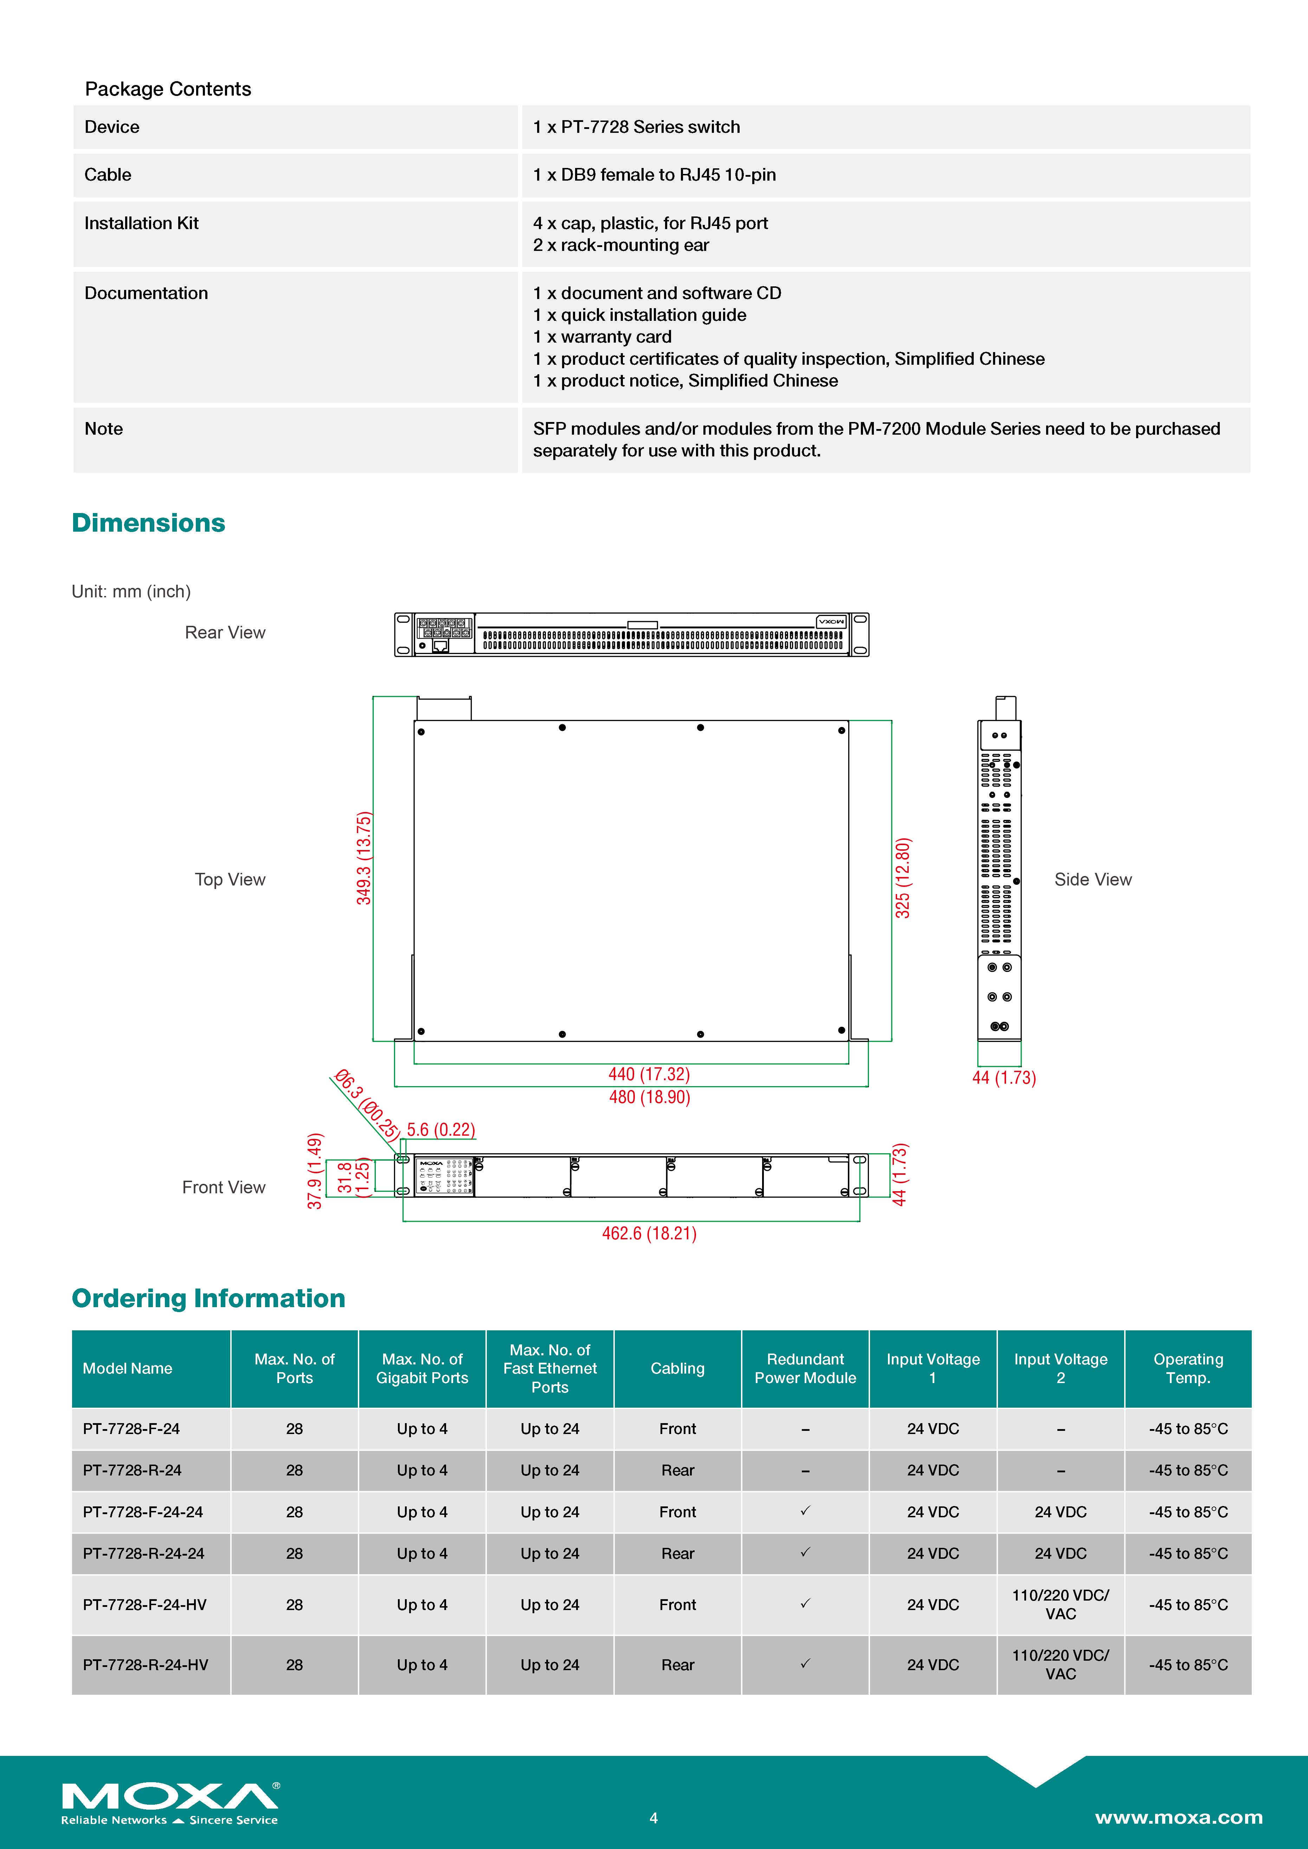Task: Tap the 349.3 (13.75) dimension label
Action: point(364,858)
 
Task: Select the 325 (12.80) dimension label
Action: point(903,878)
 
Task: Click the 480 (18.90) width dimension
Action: point(649,1097)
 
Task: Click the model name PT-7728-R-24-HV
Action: point(145,1665)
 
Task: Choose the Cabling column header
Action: point(677,1368)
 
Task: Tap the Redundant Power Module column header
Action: point(805,1368)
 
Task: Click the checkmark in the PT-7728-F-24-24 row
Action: point(805,1511)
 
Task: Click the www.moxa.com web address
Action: point(1178,1818)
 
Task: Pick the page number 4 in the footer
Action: point(653,1818)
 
